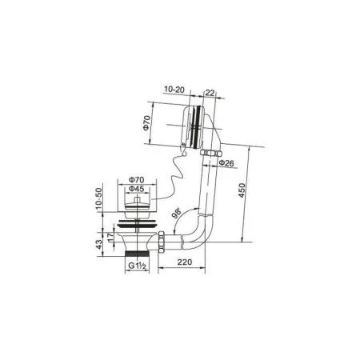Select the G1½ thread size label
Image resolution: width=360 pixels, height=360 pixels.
[134, 266]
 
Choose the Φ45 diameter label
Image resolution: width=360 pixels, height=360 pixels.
[138, 189]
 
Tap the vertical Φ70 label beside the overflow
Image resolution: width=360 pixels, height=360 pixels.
[146, 125]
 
